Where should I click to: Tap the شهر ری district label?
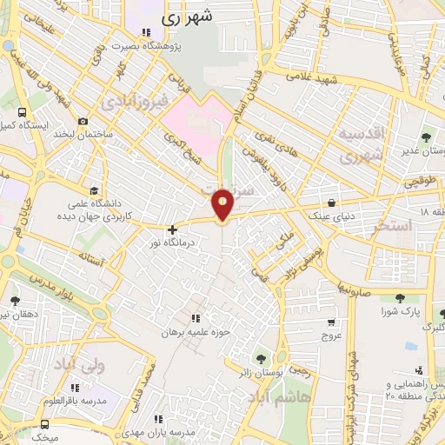pyautogui.click(x=190, y=17)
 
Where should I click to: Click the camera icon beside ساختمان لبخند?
pyautogui.click(x=83, y=122)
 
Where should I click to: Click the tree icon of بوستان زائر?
pyautogui.click(x=259, y=358)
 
